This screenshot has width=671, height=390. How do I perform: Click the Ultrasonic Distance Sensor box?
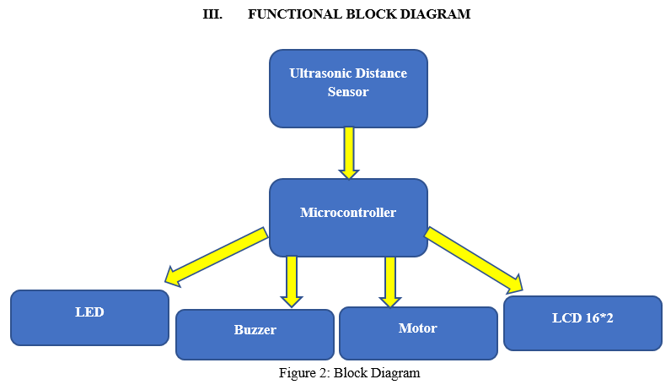point(348,89)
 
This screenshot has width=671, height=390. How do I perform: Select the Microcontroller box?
point(348,218)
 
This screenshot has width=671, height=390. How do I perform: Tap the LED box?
point(89,317)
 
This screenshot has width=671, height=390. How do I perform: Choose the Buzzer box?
point(255,334)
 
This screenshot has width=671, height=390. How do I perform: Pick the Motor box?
point(418,333)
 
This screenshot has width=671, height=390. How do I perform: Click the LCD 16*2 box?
point(582,323)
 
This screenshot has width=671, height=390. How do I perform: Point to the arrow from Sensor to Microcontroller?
point(349,153)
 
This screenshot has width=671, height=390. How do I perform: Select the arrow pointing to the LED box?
point(216,257)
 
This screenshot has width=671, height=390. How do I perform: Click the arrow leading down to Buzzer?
point(292,282)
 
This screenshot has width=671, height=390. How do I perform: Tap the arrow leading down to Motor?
point(389,282)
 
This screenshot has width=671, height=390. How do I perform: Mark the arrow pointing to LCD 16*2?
point(473,260)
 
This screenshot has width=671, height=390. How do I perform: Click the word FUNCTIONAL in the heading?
point(295,14)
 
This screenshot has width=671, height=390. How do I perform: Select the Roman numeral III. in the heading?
point(212,14)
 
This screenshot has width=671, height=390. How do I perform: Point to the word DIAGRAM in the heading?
point(435,14)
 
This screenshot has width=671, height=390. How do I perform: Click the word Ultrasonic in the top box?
point(320,73)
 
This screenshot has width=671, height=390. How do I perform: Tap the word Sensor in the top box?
point(348,92)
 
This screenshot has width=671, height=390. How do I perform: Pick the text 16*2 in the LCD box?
point(599,318)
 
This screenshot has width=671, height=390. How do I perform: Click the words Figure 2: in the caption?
point(304,373)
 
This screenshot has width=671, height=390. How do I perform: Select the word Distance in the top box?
point(381,73)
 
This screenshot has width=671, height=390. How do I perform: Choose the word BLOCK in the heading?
point(371,14)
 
